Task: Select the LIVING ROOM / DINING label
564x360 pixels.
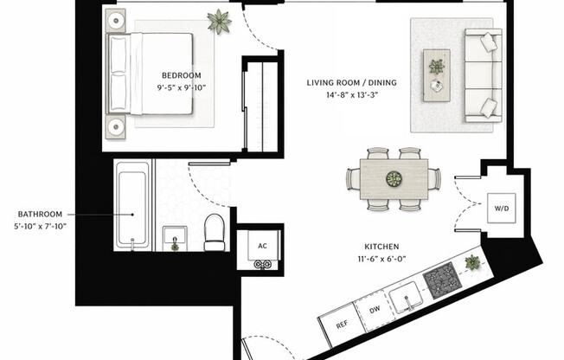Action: click(351, 83)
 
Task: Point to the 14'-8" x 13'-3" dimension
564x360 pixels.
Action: click(351, 96)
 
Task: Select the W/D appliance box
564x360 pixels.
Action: click(501, 209)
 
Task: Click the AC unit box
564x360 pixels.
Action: click(261, 246)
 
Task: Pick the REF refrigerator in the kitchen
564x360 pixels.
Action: click(343, 327)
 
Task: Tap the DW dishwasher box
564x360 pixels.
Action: click(373, 312)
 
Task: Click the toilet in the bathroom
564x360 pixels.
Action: click(214, 232)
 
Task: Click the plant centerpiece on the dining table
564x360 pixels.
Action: click(394, 179)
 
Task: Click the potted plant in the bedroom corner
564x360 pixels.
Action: click(219, 21)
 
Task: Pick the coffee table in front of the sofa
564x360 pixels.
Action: click(436, 72)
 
